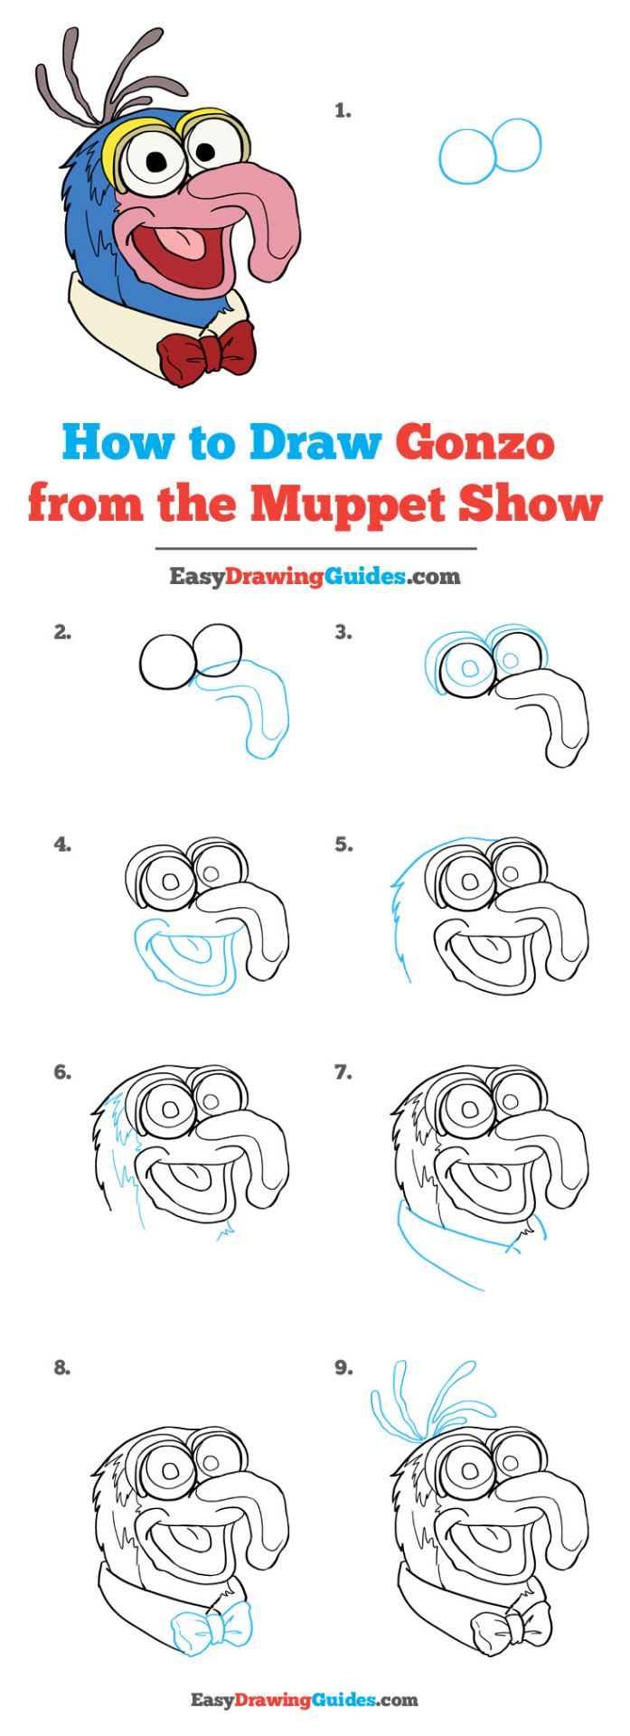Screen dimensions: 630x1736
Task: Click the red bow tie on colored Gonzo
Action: pyautogui.click(x=206, y=352)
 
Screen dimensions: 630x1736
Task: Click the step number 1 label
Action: pyautogui.click(x=343, y=111)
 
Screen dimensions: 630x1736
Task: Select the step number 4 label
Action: pyautogui.click(x=62, y=845)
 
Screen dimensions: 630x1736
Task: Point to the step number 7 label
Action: pyautogui.click(x=343, y=1072)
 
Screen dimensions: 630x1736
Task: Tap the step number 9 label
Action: pyautogui.click(x=343, y=1368)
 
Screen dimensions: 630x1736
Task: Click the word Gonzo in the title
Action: pyautogui.click(x=475, y=443)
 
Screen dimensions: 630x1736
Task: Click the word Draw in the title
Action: pyautogui.click(x=315, y=443)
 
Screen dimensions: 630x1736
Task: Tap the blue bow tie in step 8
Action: pyautogui.click(x=211, y=1627)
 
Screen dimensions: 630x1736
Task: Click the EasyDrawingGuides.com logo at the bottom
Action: pyautogui.click(x=305, y=1700)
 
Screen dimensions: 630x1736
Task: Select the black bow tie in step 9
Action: pyautogui.click(x=512, y=1627)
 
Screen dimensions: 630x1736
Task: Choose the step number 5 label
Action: pyautogui.click(x=343, y=845)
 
